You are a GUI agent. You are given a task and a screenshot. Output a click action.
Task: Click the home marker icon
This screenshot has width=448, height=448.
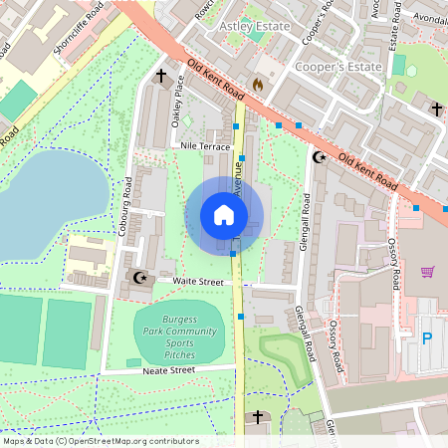click(224, 215)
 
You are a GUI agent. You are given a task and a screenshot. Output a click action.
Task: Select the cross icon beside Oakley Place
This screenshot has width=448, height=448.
click(160, 76)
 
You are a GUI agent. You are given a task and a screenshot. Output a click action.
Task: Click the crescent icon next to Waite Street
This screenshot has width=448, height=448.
click(138, 278)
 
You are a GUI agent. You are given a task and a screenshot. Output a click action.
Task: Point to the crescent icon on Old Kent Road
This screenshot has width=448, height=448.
click(320, 156)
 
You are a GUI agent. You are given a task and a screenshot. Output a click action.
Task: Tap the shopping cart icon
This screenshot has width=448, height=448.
click(428, 272)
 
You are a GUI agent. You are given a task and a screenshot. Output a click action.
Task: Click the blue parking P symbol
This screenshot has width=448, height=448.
click(427, 338)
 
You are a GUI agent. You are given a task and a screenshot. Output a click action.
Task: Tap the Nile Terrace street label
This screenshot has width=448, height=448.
click(205, 146)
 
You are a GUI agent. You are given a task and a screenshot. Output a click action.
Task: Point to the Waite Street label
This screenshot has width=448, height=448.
click(198, 283)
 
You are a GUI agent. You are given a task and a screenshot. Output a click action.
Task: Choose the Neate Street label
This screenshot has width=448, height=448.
click(169, 369)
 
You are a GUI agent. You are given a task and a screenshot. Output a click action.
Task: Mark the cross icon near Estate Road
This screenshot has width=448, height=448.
click(435, 108)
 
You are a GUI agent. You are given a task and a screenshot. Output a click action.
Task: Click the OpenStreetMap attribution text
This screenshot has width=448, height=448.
click(101, 441)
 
